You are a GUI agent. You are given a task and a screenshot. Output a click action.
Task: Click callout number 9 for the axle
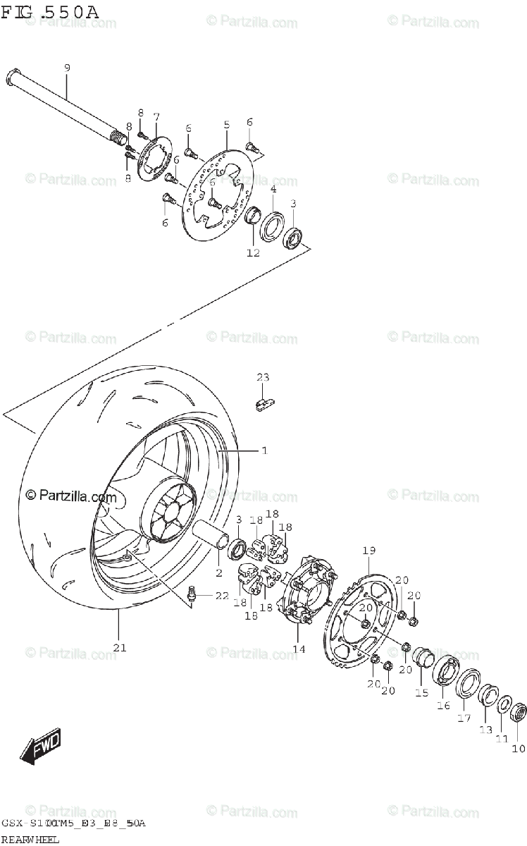(x=67, y=68)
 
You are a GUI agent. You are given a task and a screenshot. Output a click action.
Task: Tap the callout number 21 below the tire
(x=120, y=649)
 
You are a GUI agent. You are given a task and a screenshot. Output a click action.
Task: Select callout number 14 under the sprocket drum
(x=299, y=648)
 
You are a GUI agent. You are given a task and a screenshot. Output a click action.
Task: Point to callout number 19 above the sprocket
(x=368, y=550)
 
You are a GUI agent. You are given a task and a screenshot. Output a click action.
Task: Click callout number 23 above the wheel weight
(x=262, y=378)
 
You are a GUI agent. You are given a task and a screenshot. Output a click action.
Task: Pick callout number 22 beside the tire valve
(x=221, y=596)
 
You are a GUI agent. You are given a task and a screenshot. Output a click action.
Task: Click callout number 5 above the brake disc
(x=226, y=125)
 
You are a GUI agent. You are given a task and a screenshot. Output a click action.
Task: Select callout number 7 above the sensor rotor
(x=156, y=116)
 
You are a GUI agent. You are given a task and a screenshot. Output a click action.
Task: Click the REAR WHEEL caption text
(x=30, y=839)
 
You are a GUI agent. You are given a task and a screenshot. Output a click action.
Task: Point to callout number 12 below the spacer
(x=253, y=252)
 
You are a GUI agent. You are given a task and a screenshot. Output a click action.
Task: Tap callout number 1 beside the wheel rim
(x=264, y=450)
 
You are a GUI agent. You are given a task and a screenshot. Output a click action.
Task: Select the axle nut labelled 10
(x=518, y=713)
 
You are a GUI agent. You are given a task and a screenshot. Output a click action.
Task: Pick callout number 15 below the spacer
(x=421, y=693)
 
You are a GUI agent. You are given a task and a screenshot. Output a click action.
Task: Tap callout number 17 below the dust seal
(x=464, y=719)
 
